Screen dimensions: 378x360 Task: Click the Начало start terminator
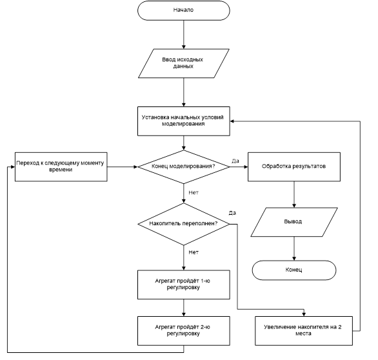[x=183, y=10]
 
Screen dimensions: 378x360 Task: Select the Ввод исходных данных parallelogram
[x=183, y=63]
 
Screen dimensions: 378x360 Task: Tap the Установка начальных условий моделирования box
[x=183, y=121]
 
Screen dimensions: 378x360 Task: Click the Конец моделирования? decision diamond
[x=183, y=167]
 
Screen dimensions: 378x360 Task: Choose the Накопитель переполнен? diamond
[x=183, y=224]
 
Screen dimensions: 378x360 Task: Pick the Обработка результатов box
[x=294, y=166]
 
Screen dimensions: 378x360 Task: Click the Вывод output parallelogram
[x=294, y=222]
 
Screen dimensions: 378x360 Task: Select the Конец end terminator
[x=294, y=270]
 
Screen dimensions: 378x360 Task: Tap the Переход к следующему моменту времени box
[x=61, y=166]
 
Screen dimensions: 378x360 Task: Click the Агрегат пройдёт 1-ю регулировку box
[x=183, y=285]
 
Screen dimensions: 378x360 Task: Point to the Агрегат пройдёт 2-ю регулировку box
[x=183, y=331]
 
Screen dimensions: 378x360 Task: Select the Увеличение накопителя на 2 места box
[x=304, y=331]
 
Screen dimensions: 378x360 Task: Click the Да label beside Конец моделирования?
[x=235, y=161]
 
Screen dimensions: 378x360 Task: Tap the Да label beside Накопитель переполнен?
[x=232, y=213]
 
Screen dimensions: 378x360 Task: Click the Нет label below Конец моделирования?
[x=194, y=192]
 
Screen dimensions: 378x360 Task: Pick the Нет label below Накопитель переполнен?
[x=194, y=252]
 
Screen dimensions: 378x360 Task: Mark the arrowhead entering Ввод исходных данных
[x=184, y=47]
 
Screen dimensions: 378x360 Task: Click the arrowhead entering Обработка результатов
[x=246, y=167]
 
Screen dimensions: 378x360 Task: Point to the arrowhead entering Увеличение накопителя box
[x=304, y=314]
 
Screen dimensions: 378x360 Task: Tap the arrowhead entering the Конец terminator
[x=294, y=259]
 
